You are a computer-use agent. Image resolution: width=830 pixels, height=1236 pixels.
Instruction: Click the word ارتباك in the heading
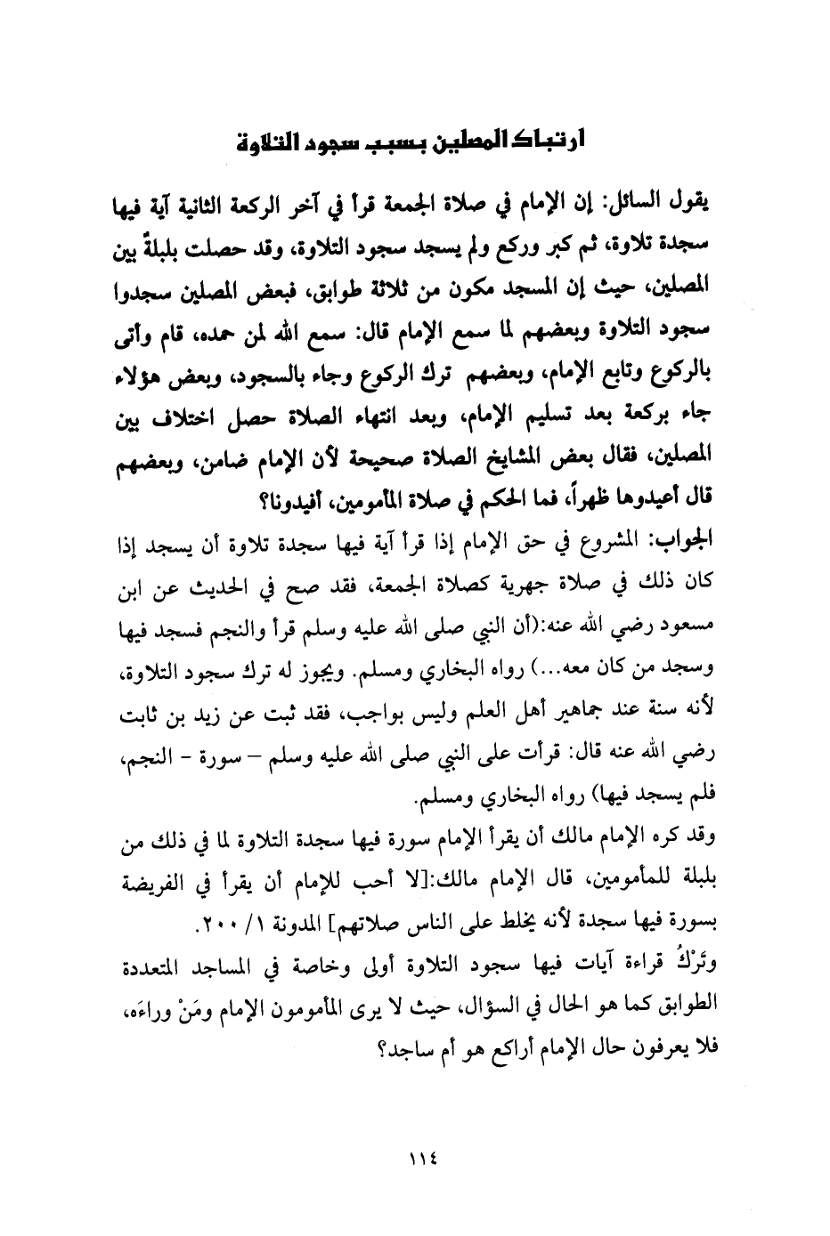[543, 142]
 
